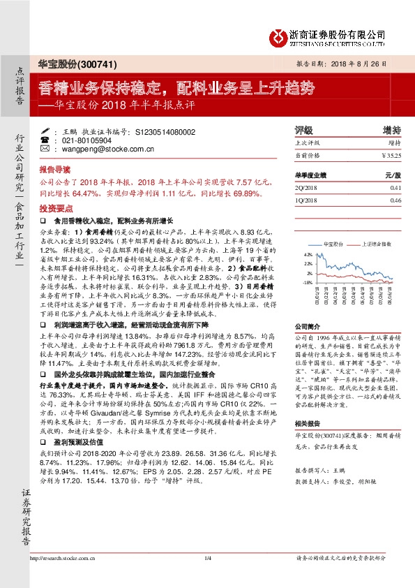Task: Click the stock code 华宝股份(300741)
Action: tap(65, 64)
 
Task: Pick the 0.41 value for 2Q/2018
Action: tap(395, 188)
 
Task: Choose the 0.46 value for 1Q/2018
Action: tap(395, 200)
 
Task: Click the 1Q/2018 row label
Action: tap(307, 200)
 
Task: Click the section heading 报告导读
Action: tap(54, 170)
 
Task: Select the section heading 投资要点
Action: tap(54, 209)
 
